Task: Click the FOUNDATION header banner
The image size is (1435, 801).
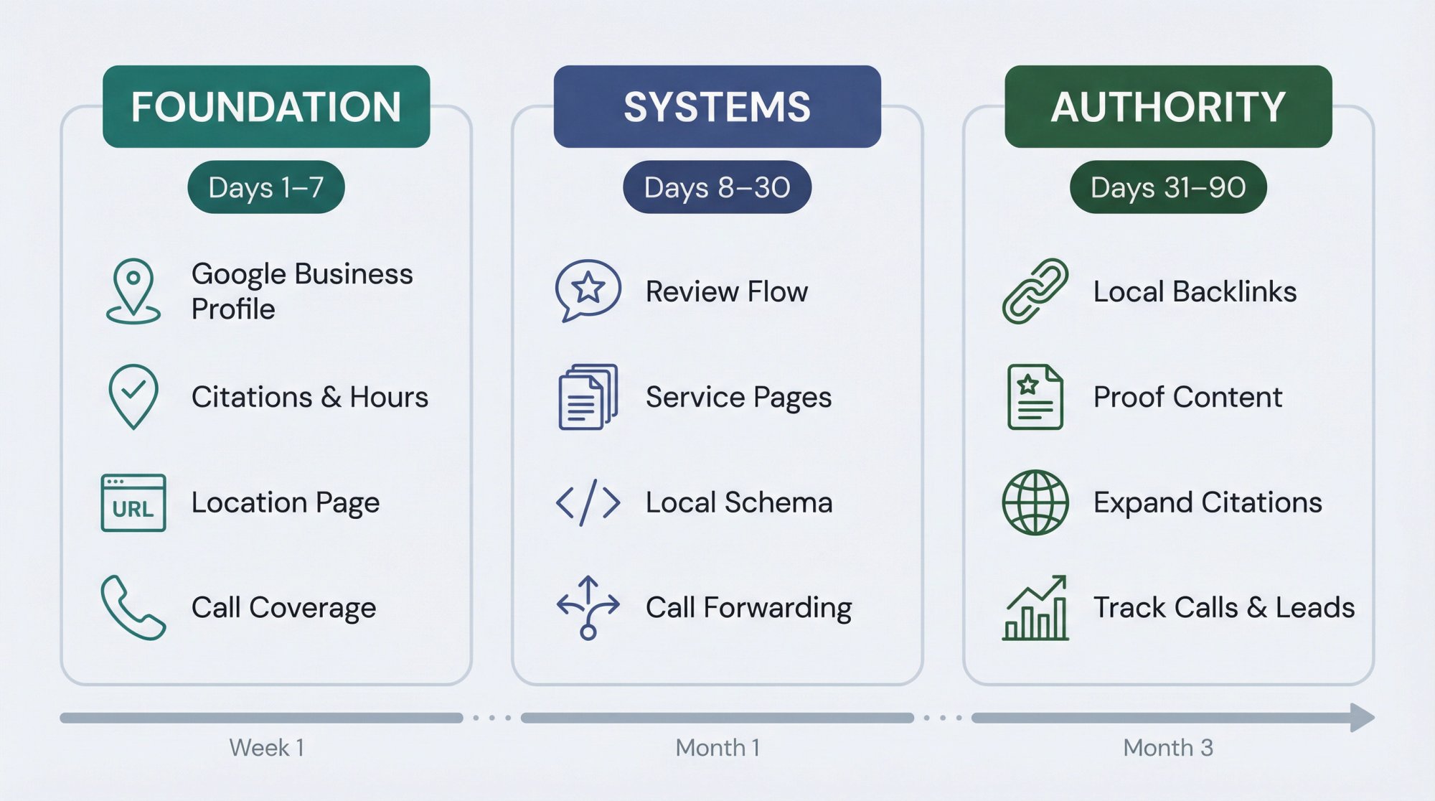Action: (266, 107)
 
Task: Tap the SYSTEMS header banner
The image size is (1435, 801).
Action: (717, 107)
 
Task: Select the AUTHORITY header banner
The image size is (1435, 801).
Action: (1168, 107)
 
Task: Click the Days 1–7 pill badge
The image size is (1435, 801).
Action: (266, 187)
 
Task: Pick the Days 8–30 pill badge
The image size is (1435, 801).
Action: (717, 187)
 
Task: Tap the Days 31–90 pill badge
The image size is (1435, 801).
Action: (1168, 187)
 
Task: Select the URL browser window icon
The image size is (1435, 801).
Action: (133, 502)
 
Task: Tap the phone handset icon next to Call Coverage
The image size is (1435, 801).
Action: (133, 607)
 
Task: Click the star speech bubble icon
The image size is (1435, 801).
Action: (588, 290)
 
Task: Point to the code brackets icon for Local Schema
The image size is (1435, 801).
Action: (588, 502)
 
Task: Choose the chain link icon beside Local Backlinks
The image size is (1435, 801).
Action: (1035, 291)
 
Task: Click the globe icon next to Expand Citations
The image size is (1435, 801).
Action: (1035, 502)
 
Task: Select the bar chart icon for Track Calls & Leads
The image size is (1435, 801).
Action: (1035, 609)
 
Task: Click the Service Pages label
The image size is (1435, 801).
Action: (738, 397)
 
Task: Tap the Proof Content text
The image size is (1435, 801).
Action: (1187, 397)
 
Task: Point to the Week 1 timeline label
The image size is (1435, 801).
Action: (266, 748)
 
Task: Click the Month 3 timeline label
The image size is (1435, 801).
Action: (1168, 748)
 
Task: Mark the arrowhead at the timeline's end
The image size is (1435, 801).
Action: (1361, 718)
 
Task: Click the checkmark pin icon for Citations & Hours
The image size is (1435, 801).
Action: (133, 396)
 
